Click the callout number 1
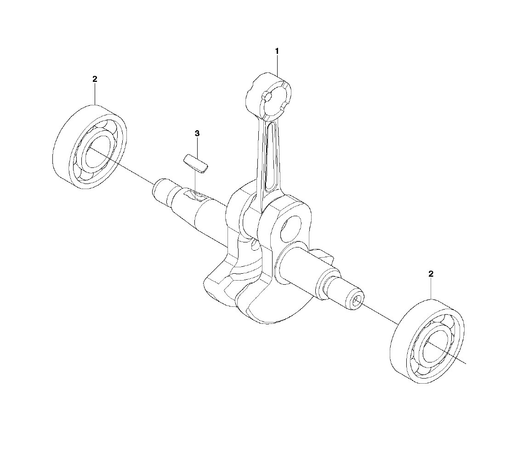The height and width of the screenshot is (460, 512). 277,51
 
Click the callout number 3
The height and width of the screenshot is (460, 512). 197,133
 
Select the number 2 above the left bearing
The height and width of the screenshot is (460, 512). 95,79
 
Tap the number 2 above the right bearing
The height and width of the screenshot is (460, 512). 431,273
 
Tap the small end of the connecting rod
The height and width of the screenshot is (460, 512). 268,96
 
